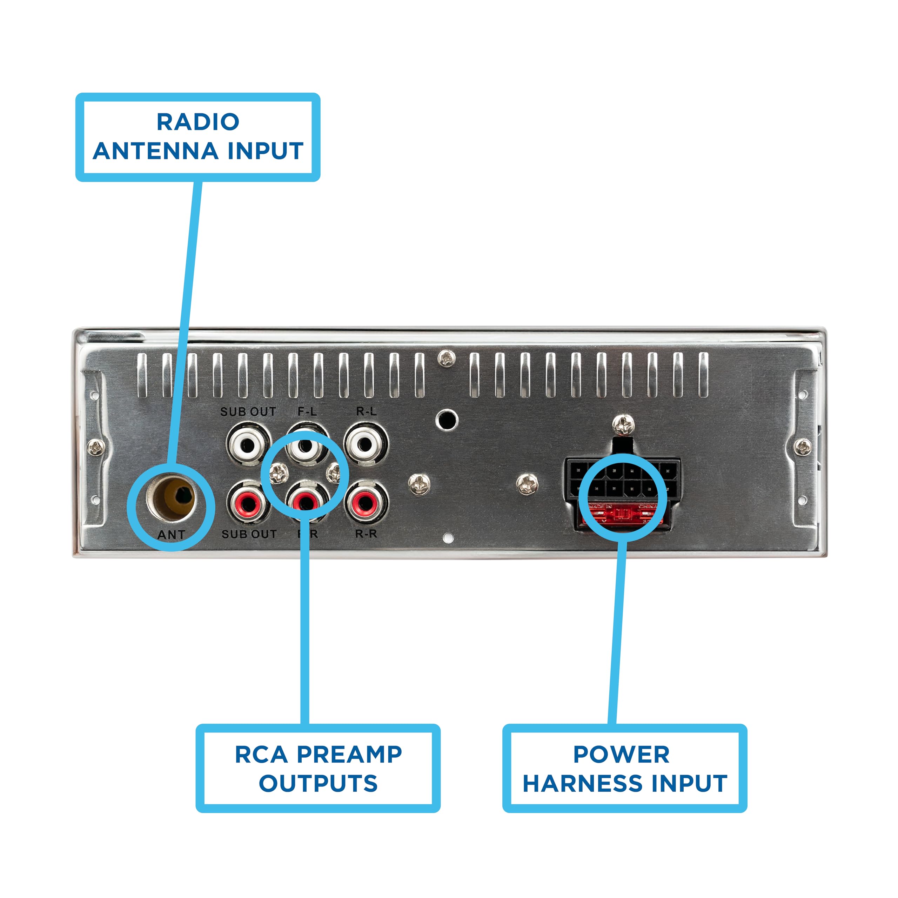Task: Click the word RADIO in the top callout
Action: click(x=197, y=122)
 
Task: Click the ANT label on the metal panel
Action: click(x=171, y=535)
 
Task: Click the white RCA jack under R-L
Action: click(x=365, y=445)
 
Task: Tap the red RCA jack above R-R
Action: click(x=365, y=502)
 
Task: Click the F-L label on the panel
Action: click(x=307, y=411)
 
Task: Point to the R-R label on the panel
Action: click(x=366, y=534)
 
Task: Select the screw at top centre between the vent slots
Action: click(x=447, y=358)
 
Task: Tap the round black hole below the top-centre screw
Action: click(x=447, y=420)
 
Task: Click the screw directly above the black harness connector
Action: click(x=623, y=424)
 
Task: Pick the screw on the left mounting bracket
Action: click(x=96, y=447)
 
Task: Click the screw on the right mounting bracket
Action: click(x=803, y=447)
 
